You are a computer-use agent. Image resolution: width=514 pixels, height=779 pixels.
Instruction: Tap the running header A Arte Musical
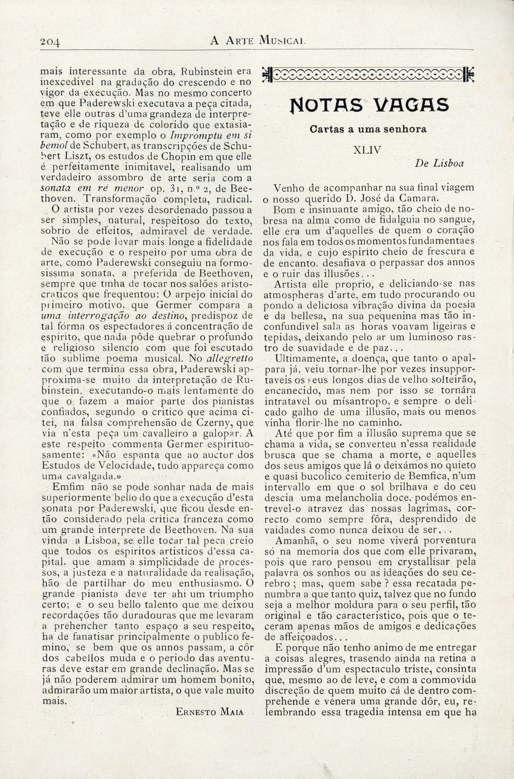tap(258, 41)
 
